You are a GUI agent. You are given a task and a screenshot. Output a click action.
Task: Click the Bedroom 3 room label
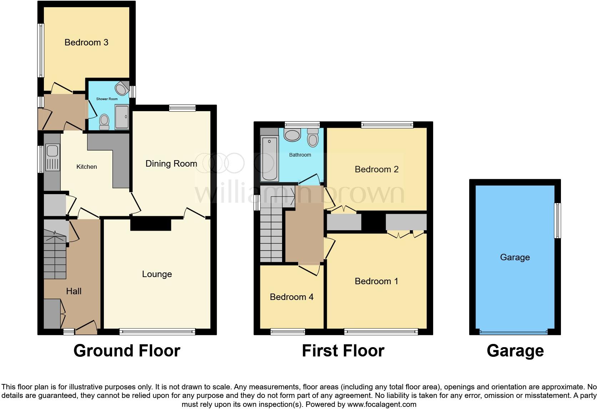pyautogui.click(x=86, y=43)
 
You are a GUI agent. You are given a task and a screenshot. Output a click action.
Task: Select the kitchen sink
pyautogui.click(x=52, y=151)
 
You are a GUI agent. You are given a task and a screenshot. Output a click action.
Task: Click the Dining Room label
pyautogui.click(x=171, y=164)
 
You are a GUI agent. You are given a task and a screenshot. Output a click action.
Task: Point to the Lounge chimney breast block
pyautogui.click(x=151, y=225)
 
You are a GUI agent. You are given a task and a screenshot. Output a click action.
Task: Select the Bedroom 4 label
pyautogui.click(x=291, y=297)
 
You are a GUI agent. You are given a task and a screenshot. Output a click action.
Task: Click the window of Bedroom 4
pyautogui.click(x=288, y=332)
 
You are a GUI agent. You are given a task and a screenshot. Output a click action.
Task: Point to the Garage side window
pyautogui.click(x=557, y=221)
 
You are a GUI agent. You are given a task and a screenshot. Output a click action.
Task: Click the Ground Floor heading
pyautogui.click(x=127, y=351)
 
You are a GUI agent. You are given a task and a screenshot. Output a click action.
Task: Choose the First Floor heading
pyautogui.click(x=343, y=351)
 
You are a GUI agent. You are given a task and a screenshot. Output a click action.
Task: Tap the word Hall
pyautogui.click(x=74, y=291)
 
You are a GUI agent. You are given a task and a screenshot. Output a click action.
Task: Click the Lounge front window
pyautogui.click(x=157, y=332)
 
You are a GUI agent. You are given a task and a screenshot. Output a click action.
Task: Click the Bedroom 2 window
pyautogui.click(x=387, y=125)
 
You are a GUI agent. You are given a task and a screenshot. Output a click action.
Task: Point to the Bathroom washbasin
pyautogui.click(x=292, y=135)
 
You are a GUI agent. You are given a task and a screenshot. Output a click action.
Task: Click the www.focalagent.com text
pyautogui.click(x=382, y=404)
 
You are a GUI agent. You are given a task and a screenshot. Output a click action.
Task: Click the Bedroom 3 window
pyautogui.click(x=41, y=50)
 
